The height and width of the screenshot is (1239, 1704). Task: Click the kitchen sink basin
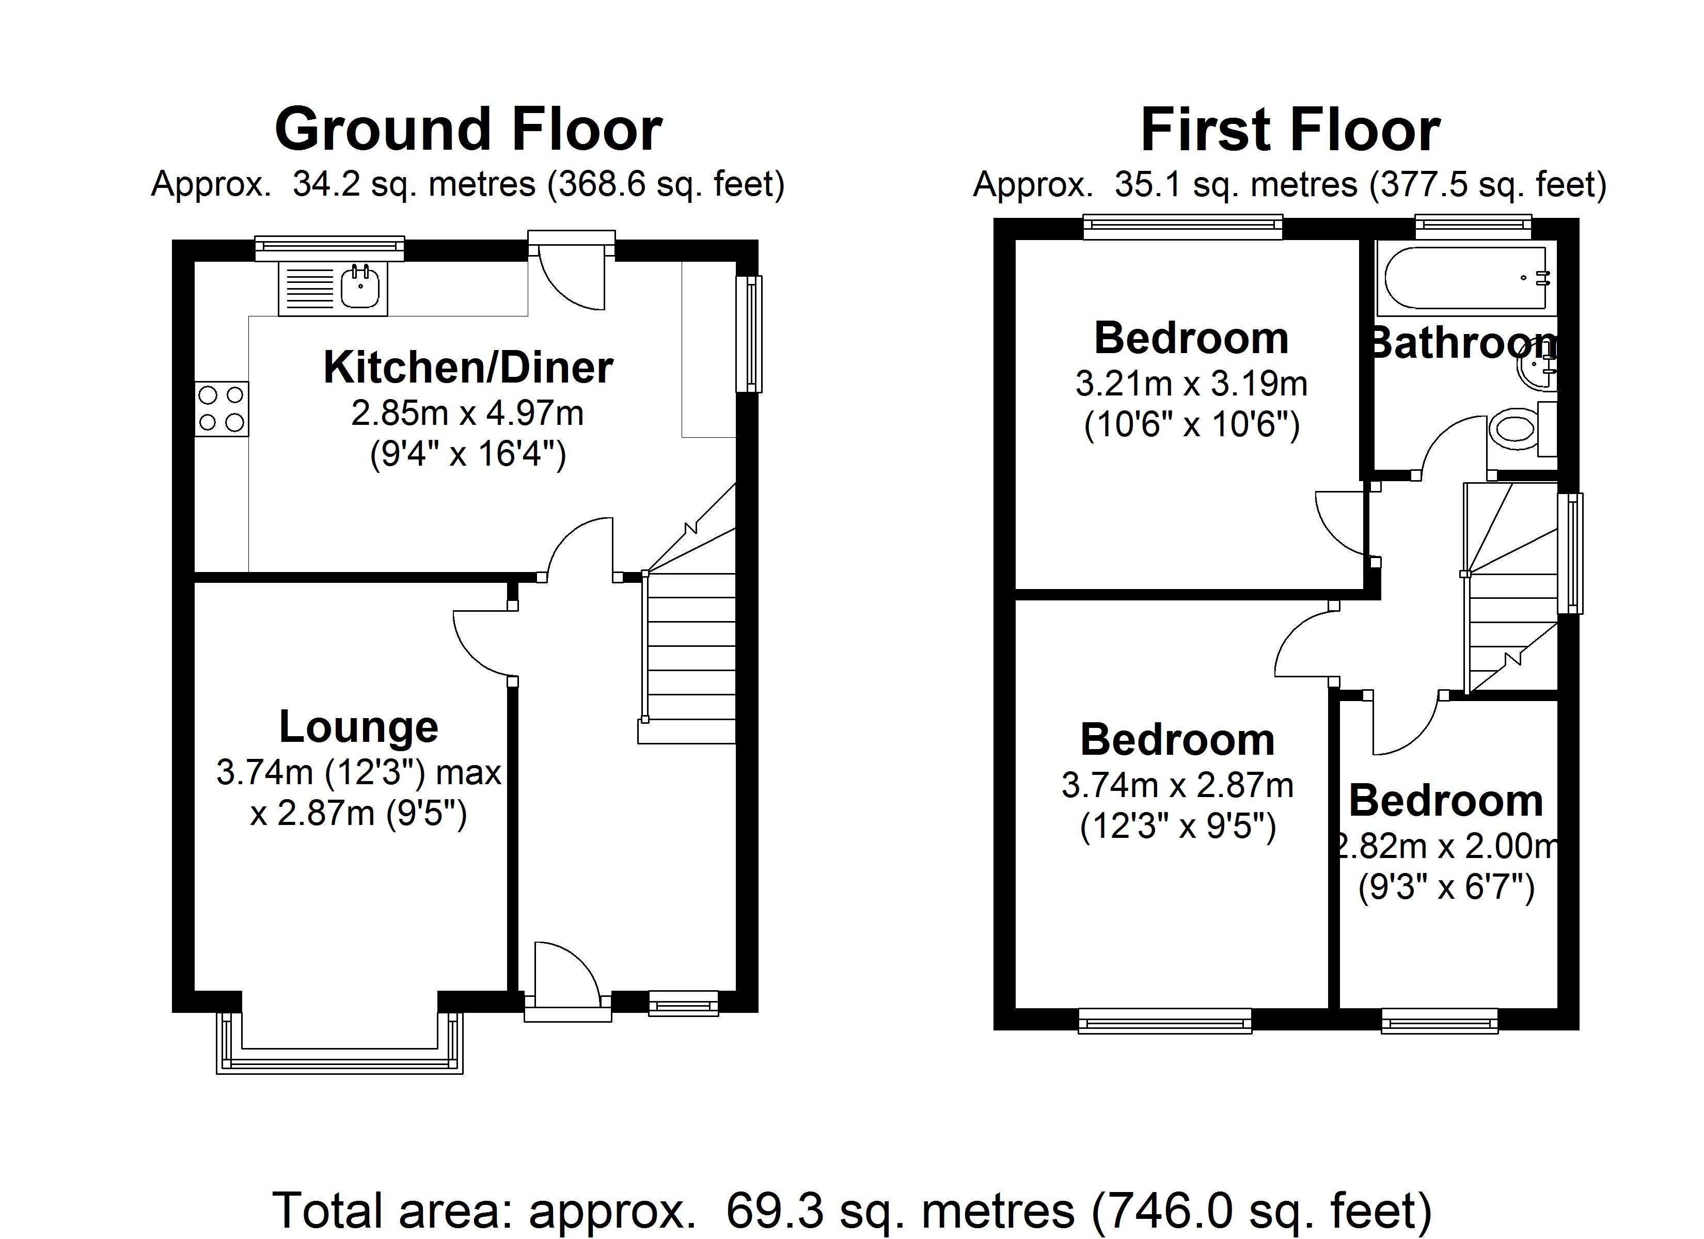[x=360, y=288]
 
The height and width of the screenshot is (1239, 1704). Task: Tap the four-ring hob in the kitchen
[x=222, y=409]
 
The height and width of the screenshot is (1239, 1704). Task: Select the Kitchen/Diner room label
[x=468, y=368]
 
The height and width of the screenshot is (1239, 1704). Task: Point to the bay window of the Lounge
[x=340, y=1048]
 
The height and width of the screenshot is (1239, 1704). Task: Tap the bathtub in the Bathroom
[x=1465, y=279]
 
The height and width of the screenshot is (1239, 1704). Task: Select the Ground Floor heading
[x=468, y=129]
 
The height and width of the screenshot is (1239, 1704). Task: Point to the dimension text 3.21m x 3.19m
[x=1191, y=385]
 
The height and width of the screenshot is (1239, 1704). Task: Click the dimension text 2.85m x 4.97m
[x=467, y=413]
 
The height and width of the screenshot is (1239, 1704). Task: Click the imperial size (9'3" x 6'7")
[x=1445, y=888]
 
